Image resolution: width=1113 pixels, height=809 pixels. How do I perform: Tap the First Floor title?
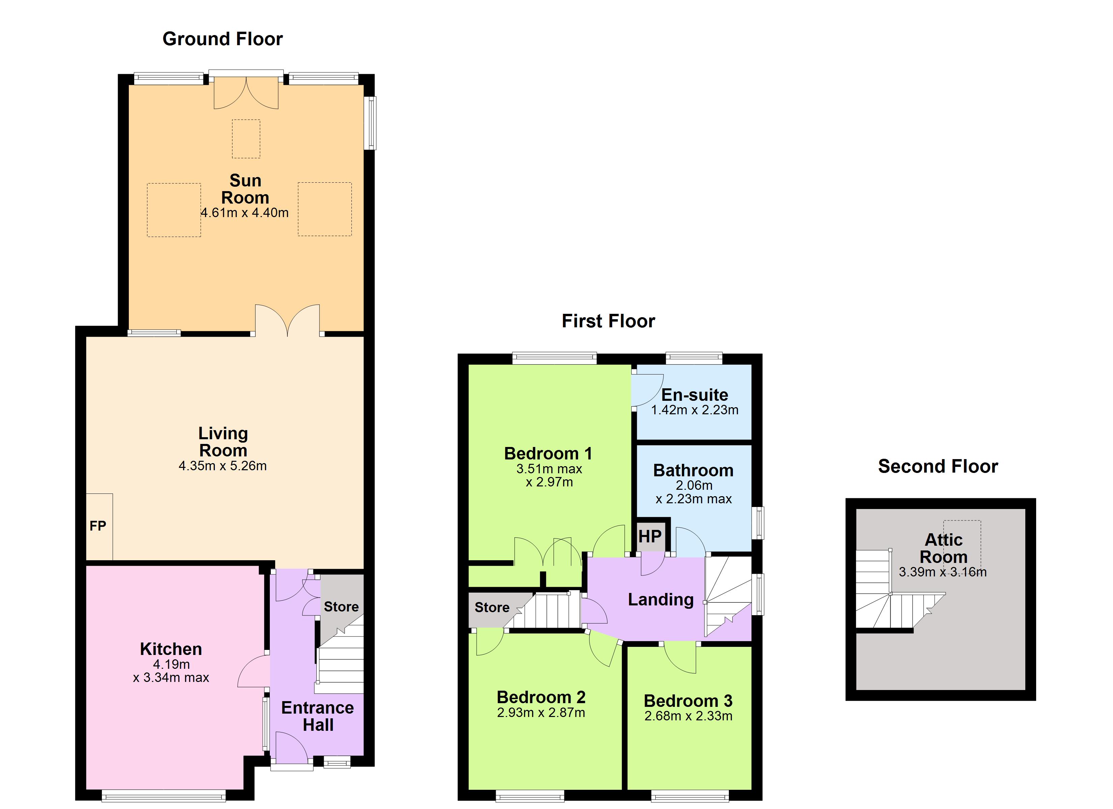pyautogui.click(x=608, y=321)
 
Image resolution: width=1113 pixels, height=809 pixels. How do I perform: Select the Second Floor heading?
pyautogui.click(x=938, y=467)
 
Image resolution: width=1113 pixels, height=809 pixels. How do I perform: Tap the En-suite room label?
pyautogui.click(x=694, y=395)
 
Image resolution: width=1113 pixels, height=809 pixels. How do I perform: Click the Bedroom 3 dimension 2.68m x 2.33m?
pyautogui.click(x=688, y=716)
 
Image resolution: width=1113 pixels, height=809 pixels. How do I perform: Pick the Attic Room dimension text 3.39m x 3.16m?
pyautogui.click(x=943, y=572)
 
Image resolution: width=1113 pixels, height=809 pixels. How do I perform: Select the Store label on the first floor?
pyautogui.click(x=492, y=607)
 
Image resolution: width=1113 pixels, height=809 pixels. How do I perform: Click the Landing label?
pyautogui.click(x=661, y=600)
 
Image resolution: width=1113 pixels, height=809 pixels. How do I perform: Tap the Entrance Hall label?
pyautogui.click(x=317, y=716)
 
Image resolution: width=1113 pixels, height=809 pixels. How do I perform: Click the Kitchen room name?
pyautogui.click(x=171, y=650)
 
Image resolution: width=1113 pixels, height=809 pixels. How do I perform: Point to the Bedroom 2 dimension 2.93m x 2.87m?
pyautogui.click(x=541, y=713)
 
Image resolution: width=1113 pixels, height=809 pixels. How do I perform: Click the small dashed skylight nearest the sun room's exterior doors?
pyautogui.click(x=246, y=139)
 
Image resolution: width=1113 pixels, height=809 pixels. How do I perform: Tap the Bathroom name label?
pyautogui.click(x=693, y=471)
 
